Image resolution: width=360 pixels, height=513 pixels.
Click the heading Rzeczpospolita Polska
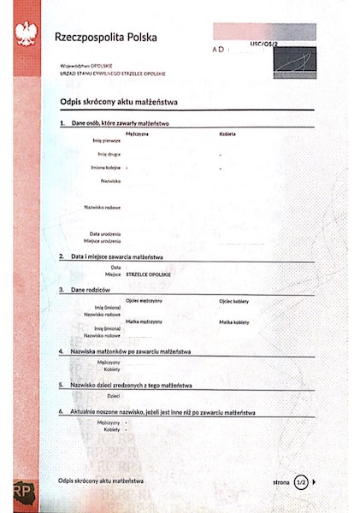coord(101,37)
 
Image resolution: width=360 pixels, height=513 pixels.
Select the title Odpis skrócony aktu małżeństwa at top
coord(118,103)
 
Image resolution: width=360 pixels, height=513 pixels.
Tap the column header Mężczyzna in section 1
coord(138,134)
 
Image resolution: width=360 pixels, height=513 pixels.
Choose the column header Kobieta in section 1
coord(227,134)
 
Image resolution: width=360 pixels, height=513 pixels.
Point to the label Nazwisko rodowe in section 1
coord(102,207)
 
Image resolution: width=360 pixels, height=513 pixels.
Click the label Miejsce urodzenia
coord(102,240)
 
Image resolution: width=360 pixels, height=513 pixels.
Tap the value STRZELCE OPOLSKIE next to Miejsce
coord(149,274)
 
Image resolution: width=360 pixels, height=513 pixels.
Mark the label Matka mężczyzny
coord(144,321)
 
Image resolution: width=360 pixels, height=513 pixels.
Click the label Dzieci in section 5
coord(113,396)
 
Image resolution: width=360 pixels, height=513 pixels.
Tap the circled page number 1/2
coord(300,482)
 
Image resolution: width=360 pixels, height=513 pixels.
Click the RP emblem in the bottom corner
coord(23,493)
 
